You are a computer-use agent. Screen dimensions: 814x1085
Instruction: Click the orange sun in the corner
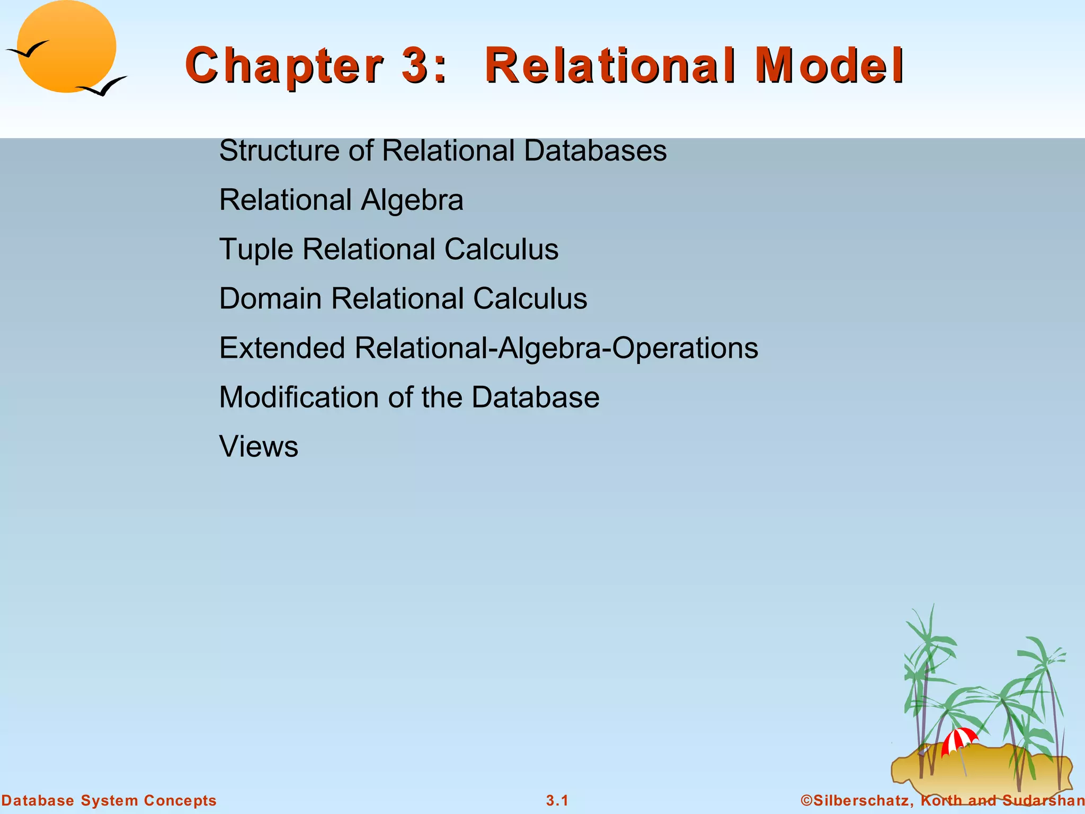[66, 47]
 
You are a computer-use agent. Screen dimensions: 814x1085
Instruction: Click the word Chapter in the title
[284, 66]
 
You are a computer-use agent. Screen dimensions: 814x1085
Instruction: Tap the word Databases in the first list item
[595, 151]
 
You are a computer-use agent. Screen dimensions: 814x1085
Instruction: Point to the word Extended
[282, 348]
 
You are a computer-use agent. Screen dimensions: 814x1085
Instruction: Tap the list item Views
[259, 446]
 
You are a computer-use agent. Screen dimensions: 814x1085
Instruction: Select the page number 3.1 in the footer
[557, 801]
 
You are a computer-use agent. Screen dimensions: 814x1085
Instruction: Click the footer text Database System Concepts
[109, 801]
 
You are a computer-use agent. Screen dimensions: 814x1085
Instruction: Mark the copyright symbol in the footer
[806, 801]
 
